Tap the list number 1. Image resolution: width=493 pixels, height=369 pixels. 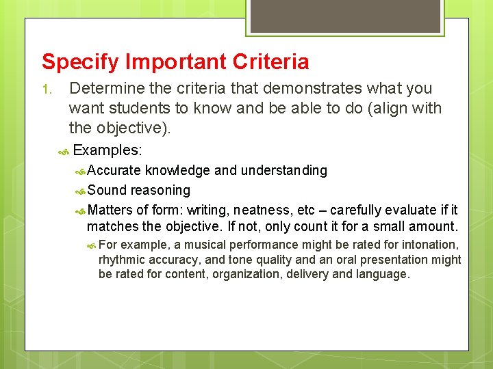tap(46, 90)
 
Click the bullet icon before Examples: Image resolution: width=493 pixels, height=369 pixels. tap(64, 151)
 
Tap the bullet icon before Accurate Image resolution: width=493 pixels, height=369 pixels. tap(79, 171)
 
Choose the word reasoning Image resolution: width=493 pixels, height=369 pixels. tap(160, 190)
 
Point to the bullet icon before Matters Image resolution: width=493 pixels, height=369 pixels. tap(79, 210)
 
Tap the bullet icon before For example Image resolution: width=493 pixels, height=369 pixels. tap(91, 245)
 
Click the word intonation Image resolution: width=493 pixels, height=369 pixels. tap(428, 245)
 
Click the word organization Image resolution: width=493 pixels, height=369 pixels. tap(249, 275)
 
